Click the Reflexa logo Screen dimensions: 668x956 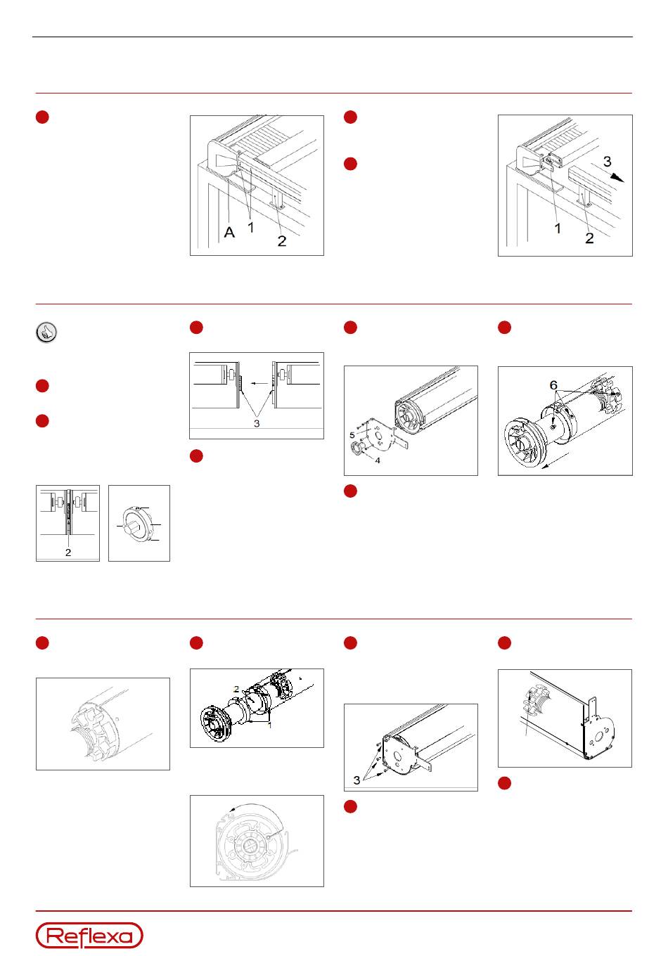[x=89, y=936]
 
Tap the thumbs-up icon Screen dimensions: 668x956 [x=46, y=332]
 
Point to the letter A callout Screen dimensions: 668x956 [x=229, y=232]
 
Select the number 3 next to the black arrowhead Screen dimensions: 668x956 [x=608, y=162]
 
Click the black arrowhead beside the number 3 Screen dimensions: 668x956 [x=617, y=178]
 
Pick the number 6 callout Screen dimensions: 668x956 [x=553, y=385]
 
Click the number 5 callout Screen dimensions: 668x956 [x=352, y=435]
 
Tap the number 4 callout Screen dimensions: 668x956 [x=377, y=460]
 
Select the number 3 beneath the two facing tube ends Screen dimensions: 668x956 [x=257, y=423]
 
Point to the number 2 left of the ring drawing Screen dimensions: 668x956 [x=68, y=553]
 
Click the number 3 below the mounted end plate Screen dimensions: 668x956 [x=357, y=780]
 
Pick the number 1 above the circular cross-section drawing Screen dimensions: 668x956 [x=270, y=725]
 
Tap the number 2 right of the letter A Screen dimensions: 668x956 [x=281, y=241]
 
